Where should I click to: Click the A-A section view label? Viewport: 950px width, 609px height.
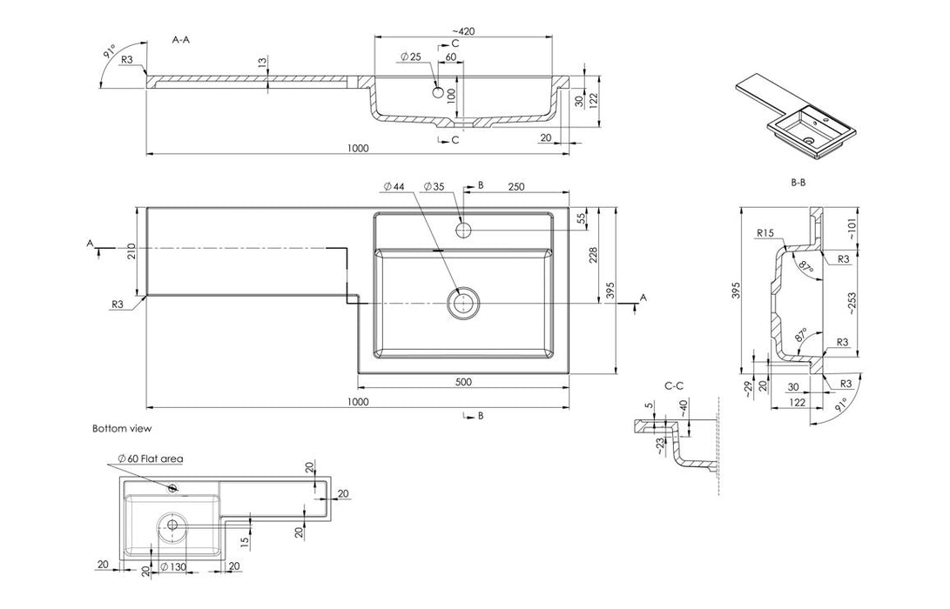coord(183,40)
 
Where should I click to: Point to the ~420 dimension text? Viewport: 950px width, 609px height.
coord(462,30)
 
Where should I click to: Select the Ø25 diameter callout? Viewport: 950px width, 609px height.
coord(411,57)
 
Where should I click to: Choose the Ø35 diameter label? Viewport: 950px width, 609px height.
coord(434,186)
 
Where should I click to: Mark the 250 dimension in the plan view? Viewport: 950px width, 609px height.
coord(515,186)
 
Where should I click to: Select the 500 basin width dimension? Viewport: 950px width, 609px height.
coord(463,382)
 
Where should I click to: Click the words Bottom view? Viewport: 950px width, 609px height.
coord(122,429)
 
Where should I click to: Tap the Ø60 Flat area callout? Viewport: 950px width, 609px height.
coord(150,458)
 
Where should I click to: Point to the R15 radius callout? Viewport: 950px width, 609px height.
coord(766,233)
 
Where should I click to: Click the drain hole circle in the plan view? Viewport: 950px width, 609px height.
coord(462,303)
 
